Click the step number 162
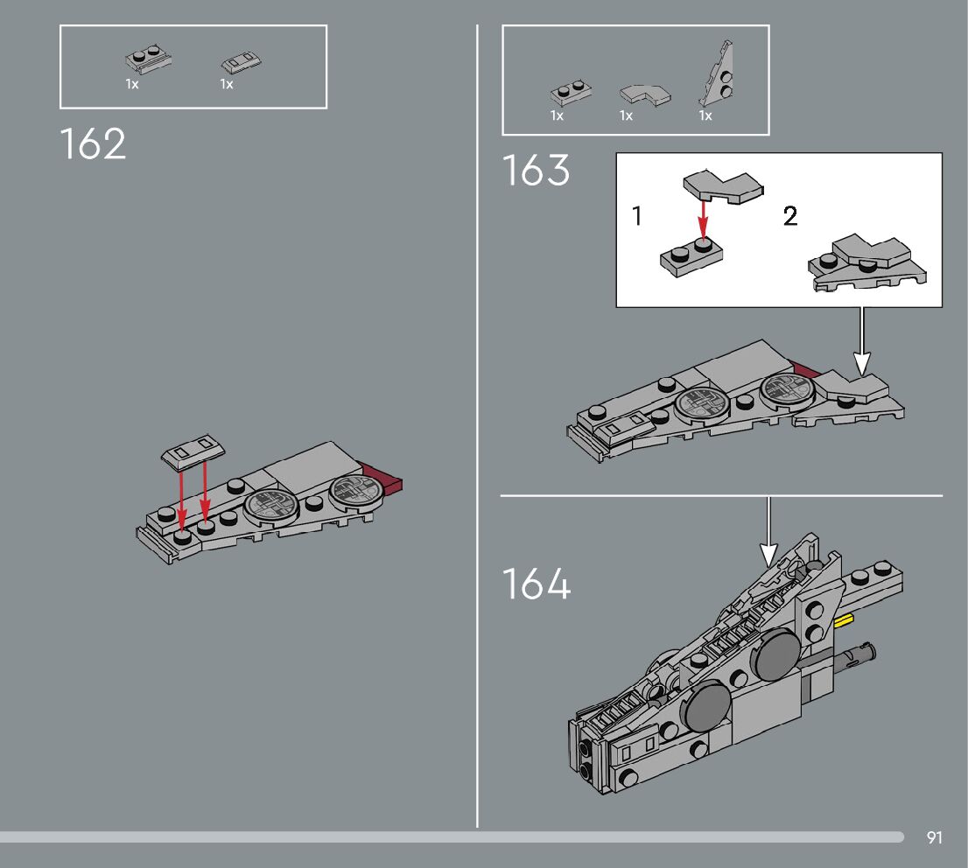[94, 144]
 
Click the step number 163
[536, 171]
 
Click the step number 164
[537, 584]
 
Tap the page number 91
[934, 838]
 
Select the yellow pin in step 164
[845, 621]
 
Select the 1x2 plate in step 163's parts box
[572, 93]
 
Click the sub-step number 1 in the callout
[637, 216]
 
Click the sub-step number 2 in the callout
[790, 216]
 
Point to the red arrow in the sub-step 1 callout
[702, 220]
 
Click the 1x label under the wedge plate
[705, 115]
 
